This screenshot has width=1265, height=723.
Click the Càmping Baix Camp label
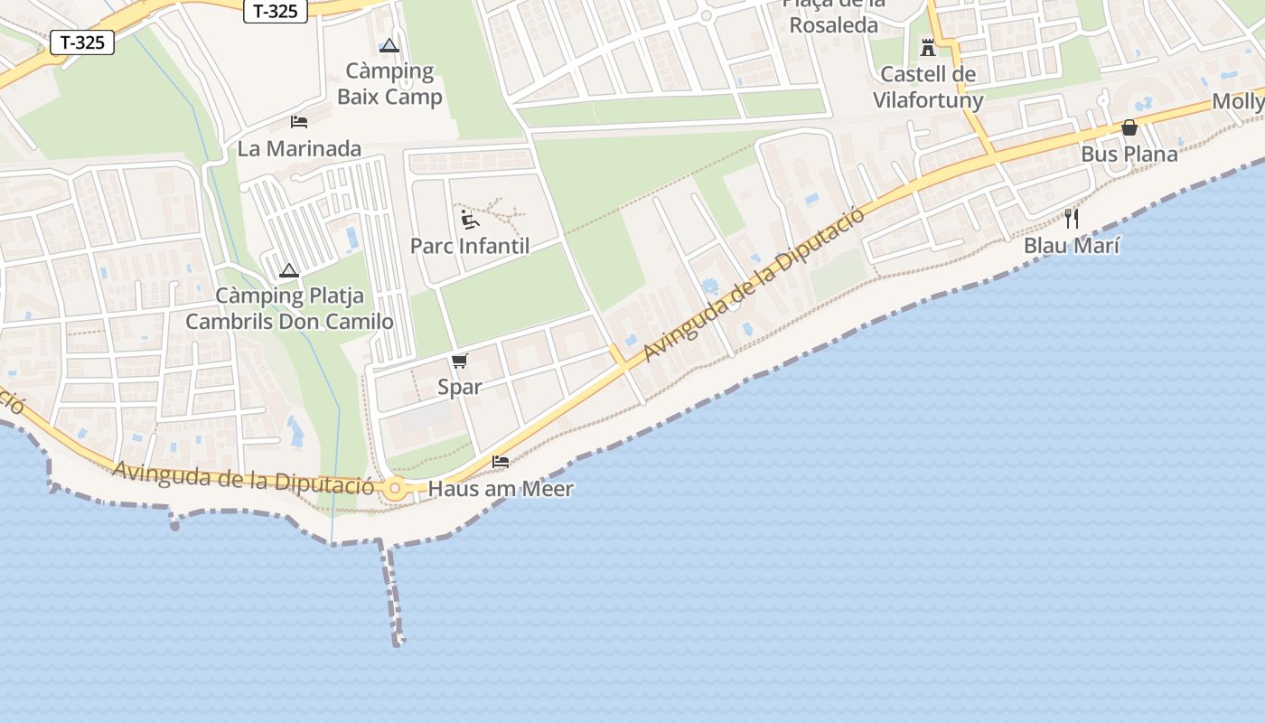(x=389, y=84)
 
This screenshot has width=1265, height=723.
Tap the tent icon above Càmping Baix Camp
(x=389, y=45)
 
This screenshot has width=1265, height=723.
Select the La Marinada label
(x=299, y=149)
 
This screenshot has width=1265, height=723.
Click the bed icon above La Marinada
(x=299, y=121)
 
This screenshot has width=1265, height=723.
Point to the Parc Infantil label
(x=470, y=246)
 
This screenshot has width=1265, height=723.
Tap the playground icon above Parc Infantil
(x=470, y=220)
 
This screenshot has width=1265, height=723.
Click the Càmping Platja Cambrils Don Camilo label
(x=289, y=308)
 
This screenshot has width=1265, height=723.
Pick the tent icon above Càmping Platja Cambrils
(x=289, y=270)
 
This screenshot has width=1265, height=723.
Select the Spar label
(x=460, y=387)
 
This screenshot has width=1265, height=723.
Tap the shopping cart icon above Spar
(x=460, y=361)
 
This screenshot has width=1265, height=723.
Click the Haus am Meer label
(x=501, y=489)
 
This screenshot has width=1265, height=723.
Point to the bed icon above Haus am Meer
(x=501, y=462)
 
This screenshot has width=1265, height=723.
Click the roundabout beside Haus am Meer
(x=395, y=489)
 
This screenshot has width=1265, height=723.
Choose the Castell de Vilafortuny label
(x=928, y=87)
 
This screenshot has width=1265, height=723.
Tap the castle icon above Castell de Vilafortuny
(x=928, y=48)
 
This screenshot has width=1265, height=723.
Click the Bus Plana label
(x=1129, y=154)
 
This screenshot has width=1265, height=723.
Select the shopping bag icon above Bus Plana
(x=1129, y=127)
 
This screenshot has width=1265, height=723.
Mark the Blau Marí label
(x=1072, y=245)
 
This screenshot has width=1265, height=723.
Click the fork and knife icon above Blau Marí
(x=1072, y=218)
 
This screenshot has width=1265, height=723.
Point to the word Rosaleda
(x=834, y=24)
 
